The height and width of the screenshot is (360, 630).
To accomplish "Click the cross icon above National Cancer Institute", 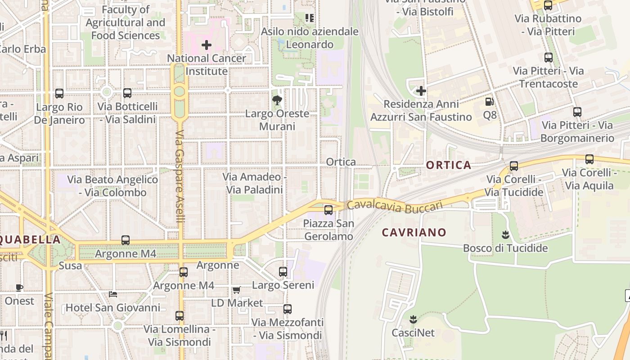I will point(207,45).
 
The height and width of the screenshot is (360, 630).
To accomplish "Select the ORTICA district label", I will point(449,165).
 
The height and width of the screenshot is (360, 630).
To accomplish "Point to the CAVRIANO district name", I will point(414,233).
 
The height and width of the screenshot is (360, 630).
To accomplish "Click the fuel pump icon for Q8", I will point(490,102).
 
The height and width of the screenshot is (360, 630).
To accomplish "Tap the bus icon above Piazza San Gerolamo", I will point(328,210).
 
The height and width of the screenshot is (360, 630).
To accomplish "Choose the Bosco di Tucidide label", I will point(505,248).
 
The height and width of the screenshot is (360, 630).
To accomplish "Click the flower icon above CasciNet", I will point(413,319).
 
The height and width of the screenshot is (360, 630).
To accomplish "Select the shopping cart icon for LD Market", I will point(236,290).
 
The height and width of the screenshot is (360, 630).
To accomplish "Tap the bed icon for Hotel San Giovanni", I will point(113,294).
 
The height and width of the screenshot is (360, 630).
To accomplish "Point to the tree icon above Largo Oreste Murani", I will point(277,100).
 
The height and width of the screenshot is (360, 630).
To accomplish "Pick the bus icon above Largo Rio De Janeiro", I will point(59,94).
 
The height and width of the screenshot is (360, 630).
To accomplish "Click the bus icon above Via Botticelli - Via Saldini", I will point(127,93).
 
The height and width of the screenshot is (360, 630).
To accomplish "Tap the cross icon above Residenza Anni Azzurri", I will point(421,91).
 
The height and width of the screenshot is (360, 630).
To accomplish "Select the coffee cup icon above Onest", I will point(19,288).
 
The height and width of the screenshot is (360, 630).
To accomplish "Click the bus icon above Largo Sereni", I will point(283,272).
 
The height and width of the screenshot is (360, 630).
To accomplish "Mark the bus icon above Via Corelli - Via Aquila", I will point(589,159).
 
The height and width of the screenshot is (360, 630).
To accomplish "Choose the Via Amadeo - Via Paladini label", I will point(255,183).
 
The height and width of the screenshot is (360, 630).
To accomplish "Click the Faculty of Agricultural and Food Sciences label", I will point(126,22).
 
